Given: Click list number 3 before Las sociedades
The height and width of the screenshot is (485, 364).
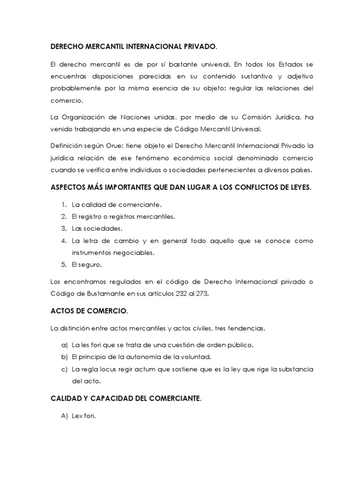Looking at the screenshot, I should coord(63,228).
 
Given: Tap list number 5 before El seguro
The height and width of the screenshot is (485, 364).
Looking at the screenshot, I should coord(63,264).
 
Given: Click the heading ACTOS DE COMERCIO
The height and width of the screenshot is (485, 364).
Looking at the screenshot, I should coord(89,311).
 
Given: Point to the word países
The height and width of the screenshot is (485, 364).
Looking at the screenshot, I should coord(300,170).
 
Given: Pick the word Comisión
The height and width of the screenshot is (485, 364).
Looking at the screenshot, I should coord(237,117).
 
